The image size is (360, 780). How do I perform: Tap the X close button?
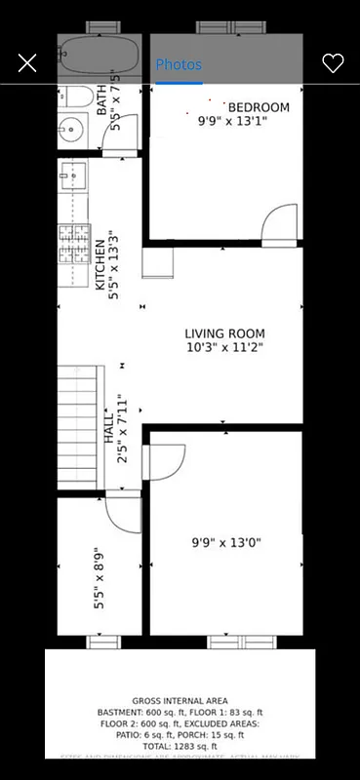coord(27,63)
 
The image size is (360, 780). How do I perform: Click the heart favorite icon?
coord(333,63)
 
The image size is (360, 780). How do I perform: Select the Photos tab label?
coord(179,64)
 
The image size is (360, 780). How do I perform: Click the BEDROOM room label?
coord(259,107)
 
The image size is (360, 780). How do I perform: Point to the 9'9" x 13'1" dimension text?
coord(230,122)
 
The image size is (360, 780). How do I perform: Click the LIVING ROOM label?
coord(224,333)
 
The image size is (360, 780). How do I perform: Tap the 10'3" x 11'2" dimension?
coord(224,347)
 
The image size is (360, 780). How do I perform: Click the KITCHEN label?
coord(100,265)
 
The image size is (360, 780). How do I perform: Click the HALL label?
coord(109,429)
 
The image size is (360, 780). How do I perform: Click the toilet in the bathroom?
coord(74,97)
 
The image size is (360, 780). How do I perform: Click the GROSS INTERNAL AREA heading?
coord(180,701)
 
